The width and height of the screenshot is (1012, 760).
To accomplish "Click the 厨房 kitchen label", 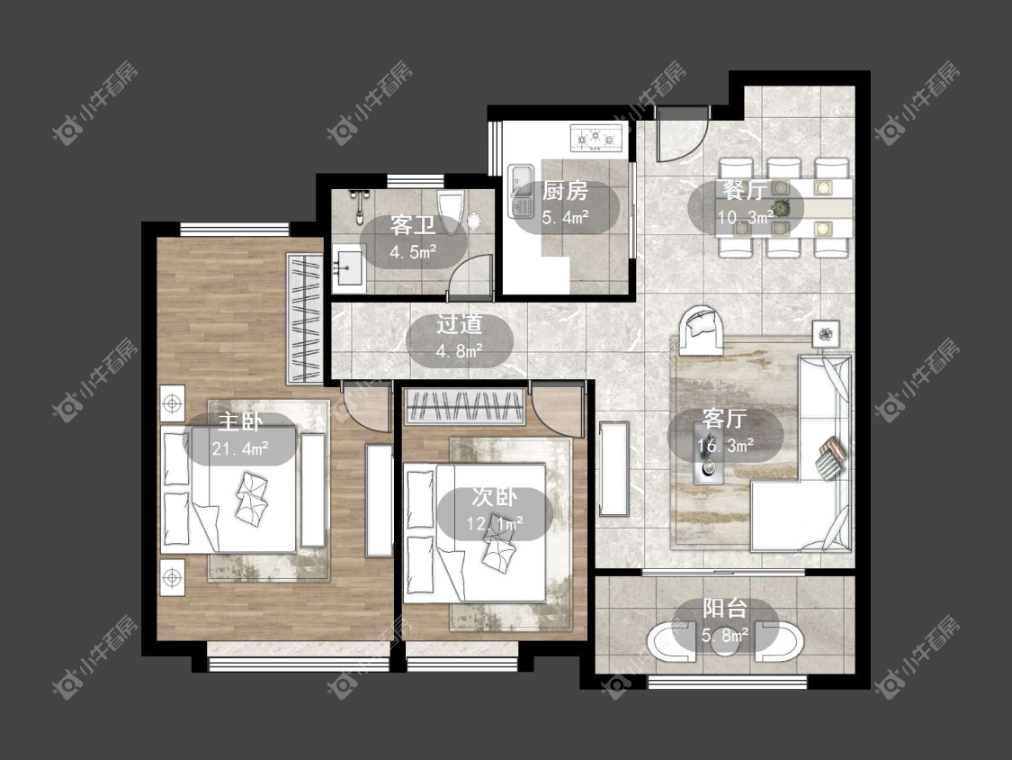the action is click(x=565, y=191).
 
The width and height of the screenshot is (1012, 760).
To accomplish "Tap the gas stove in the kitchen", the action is click(x=597, y=138).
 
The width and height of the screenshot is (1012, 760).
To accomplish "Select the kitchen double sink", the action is click(x=521, y=191).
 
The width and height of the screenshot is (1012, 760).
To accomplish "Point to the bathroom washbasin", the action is click(x=348, y=267).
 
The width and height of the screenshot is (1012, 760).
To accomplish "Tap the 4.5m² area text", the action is click(x=413, y=251).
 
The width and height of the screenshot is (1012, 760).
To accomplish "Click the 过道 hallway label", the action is click(x=459, y=324).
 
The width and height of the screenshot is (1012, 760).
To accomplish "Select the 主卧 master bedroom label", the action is click(x=239, y=421).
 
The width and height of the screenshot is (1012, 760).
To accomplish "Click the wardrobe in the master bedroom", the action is click(x=304, y=318).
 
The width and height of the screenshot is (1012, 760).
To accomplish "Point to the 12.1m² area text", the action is click(x=495, y=523).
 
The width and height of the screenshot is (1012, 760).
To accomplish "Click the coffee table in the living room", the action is click(x=708, y=452).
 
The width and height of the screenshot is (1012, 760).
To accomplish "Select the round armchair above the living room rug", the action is click(x=702, y=330).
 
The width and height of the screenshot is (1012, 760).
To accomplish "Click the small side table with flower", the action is click(x=826, y=333).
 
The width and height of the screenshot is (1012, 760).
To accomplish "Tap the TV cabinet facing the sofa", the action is click(x=613, y=468).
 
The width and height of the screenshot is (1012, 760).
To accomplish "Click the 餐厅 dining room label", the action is click(x=745, y=190).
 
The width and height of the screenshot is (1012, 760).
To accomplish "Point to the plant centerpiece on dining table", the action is click(x=783, y=207).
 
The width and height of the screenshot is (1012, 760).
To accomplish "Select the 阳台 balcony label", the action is click(x=725, y=609).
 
